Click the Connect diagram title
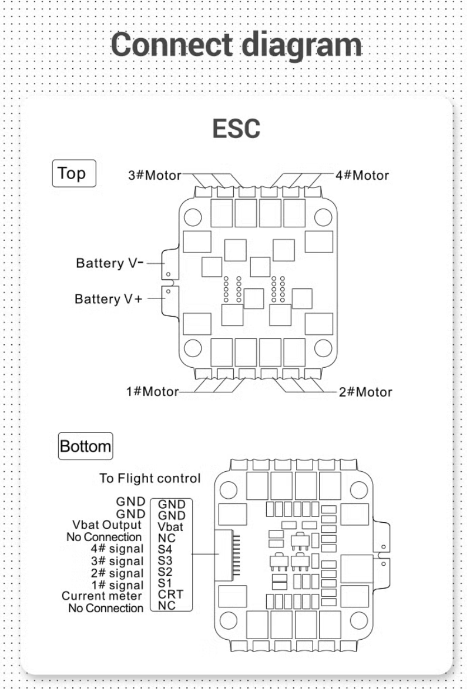237,44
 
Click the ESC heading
236,129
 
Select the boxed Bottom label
85,446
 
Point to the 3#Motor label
154,176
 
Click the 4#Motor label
362,176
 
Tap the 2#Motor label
365,391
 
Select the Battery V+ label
108,299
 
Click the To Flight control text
149,479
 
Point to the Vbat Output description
107,526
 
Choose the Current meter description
102,596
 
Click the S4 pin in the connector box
166,549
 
